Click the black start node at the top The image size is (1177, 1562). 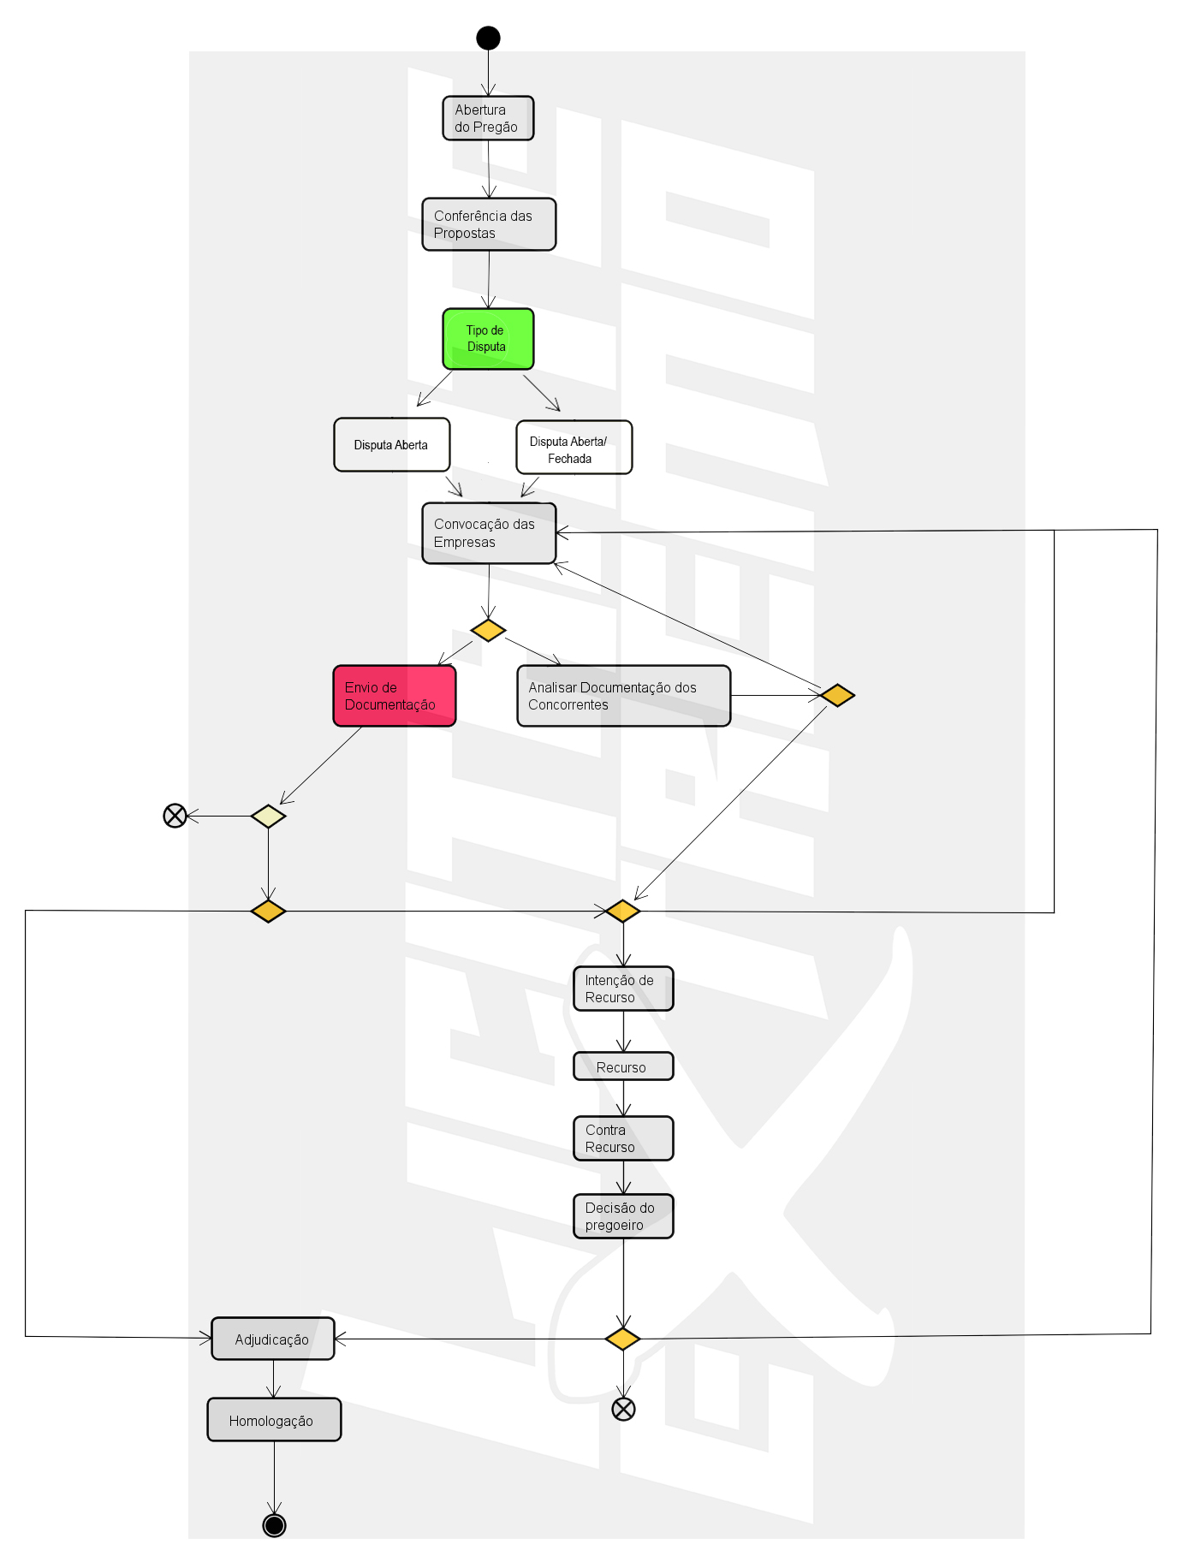pyautogui.click(x=488, y=38)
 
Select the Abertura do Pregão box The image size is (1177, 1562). pyautogui.click(x=488, y=118)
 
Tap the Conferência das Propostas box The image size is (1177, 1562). pyautogui.click(x=489, y=224)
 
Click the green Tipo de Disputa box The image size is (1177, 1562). pyautogui.click(x=488, y=339)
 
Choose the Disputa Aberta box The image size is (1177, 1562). pyautogui.click(x=391, y=445)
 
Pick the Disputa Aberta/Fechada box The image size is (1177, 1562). pyautogui.click(x=574, y=448)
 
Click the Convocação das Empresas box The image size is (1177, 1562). pyautogui.click(x=489, y=533)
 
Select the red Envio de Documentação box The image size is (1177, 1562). pyautogui.click(x=394, y=696)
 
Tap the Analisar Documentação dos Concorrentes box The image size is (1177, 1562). pyautogui.click(x=623, y=696)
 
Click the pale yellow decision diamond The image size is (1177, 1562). pyautogui.click(x=268, y=816)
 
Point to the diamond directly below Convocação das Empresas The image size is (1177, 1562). pyautogui.click(x=488, y=631)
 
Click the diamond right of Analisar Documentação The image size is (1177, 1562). pyautogui.click(x=837, y=695)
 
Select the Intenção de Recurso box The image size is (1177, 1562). pyautogui.click(x=623, y=989)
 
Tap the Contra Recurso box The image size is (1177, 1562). pyautogui.click(x=623, y=1138)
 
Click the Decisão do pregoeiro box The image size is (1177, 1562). pyautogui.click(x=623, y=1216)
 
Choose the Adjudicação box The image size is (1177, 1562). pyautogui.click(x=272, y=1339)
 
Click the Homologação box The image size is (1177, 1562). pyautogui.click(x=274, y=1420)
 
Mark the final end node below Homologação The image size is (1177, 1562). pyautogui.click(x=274, y=1525)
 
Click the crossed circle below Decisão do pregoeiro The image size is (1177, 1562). pyautogui.click(x=623, y=1409)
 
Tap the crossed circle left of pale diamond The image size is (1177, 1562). pyautogui.click(x=175, y=816)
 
